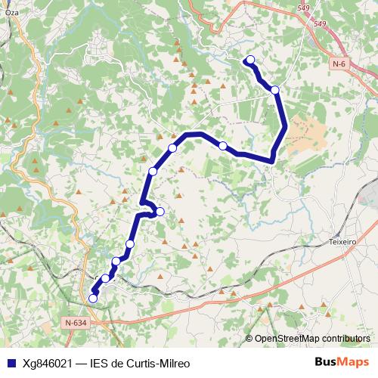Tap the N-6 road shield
[339, 65]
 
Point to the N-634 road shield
[76, 323]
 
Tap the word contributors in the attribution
[344, 339]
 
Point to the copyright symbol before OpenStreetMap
[249, 339]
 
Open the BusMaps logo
[342, 363]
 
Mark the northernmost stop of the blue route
[250, 60]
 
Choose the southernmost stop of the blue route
[93, 299]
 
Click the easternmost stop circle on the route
[275, 90]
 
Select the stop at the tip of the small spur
[160, 211]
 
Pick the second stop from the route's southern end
[106, 278]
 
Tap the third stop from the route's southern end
[116, 262]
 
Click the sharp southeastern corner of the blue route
[271, 160]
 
